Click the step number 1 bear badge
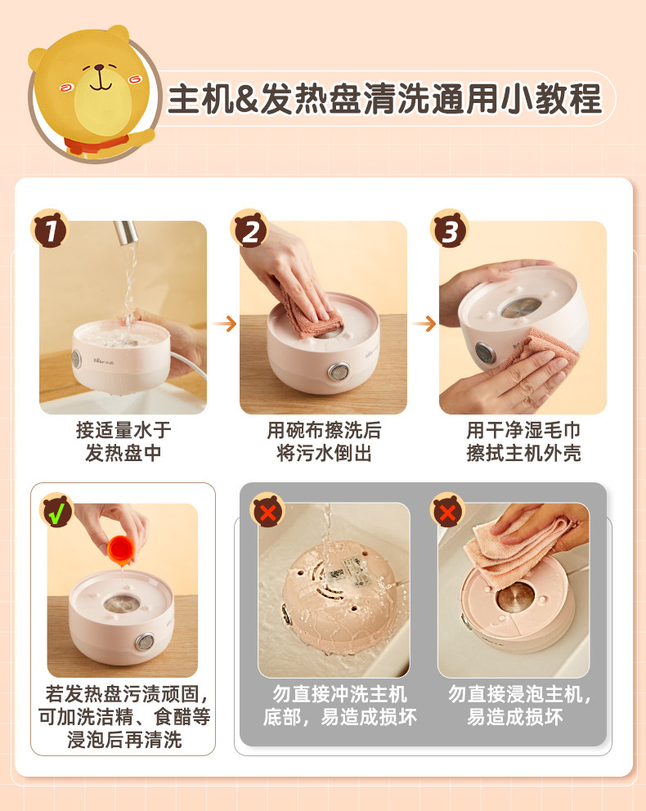tap(50, 229)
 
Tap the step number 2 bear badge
tap(250, 229)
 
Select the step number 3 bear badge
tap(450, 229)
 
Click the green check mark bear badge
tap(57, 510)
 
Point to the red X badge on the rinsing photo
tap(267, 510)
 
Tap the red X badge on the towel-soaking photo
tap(447, 510)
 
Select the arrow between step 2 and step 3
tap(424, 325)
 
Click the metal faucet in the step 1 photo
tap(126, 232)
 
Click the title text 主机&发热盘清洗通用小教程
tap(385, 98)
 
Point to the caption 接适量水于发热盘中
tap(123, 441)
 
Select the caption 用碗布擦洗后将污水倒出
tap(324, 441)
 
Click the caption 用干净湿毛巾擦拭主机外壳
tap(523, 441)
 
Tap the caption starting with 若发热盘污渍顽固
tap(124, 716)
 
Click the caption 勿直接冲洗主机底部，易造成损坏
tap(340, 706)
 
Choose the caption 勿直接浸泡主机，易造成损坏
tap(519, 706)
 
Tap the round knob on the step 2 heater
tap(338, 372)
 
